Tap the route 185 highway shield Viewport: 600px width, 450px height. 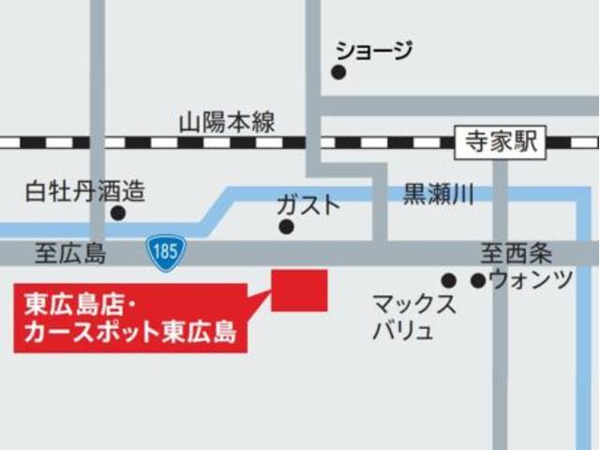coord(166,253)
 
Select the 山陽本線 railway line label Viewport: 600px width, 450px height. coord(227,122)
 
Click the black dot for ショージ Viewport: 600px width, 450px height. coord(338,72)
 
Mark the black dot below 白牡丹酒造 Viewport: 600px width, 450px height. coord(117,213)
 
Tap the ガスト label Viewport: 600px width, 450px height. coord(307,202)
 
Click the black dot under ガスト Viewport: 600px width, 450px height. coord(286,226)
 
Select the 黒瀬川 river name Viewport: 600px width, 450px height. coord(439,195)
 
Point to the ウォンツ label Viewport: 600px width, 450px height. coord(531,279)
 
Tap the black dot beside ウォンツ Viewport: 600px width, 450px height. coord(478,280)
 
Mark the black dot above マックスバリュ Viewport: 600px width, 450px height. coord(449,280)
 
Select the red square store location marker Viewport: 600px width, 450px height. coord(299,291)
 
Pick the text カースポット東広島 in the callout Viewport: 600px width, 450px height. coord(131,332)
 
